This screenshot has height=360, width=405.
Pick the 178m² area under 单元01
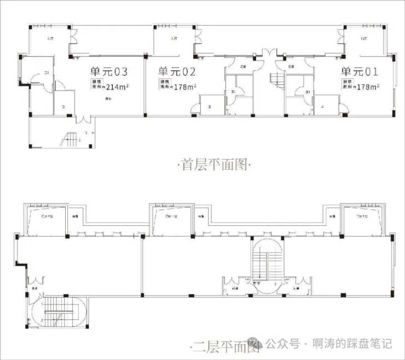tap(368, 87)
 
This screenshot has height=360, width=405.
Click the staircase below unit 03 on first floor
tap(71, 140)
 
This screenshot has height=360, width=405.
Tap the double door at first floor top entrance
tap(269, 55)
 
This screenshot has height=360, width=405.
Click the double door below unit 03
tap(83, 119)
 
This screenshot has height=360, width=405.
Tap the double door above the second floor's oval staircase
tap(38, 280)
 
